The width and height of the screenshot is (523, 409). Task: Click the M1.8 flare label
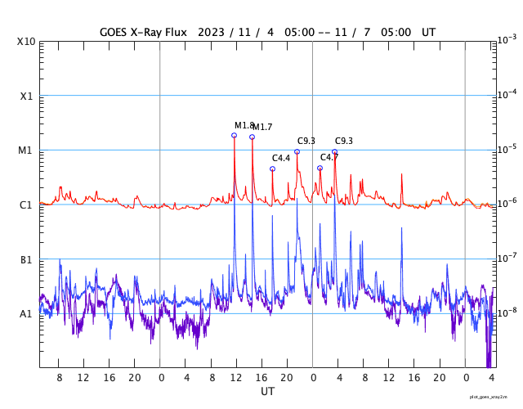point(244,125)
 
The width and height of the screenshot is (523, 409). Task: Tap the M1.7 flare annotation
point(262,127)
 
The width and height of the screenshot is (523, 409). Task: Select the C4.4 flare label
point(281,158)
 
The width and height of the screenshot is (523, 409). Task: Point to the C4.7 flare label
point(329,157)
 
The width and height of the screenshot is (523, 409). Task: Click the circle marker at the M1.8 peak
point(234,135)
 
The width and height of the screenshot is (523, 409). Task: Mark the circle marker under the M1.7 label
point(252,137)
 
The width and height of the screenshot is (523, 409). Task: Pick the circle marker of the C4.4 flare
point(272,169)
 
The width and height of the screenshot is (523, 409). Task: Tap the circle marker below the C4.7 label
point(320,168)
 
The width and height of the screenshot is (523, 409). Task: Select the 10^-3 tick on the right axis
point(507,40)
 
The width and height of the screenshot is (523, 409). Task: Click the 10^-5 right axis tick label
point(507,149)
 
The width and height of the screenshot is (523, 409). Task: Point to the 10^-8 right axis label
point(507,312)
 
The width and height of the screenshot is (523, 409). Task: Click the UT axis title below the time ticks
point(267,392)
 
